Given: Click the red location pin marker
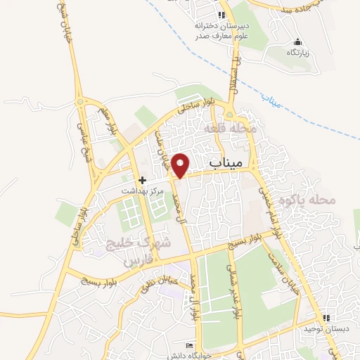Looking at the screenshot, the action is (181, 165).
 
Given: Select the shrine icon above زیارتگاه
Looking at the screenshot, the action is (297, 42).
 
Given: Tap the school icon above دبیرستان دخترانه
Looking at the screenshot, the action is (221, 15).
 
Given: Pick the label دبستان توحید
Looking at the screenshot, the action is (318, 329).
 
